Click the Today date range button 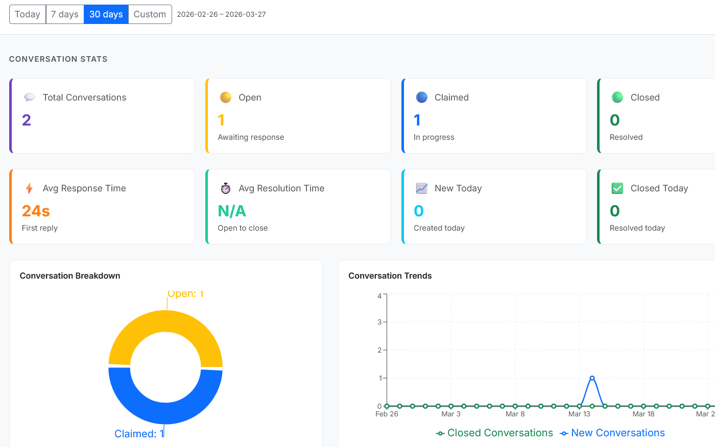pos(28,14)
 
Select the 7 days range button pos(65,14)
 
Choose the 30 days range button pos(106,14)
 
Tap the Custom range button pos(150,14)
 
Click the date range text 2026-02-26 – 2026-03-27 pos(221,14)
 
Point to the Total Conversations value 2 pos(27,120)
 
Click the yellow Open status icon pos(225,97)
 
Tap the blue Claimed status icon pos(421,97)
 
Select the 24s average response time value pos(36,211)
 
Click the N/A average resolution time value pos(232,211)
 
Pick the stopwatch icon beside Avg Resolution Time pos(225,188)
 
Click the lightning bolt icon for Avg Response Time pos(30,188)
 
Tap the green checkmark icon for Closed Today pos(617,188)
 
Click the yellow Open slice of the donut pos(165,321)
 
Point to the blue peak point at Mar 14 pos(592,378)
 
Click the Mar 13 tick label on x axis pos(579,414)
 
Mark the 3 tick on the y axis pos(379,322)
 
